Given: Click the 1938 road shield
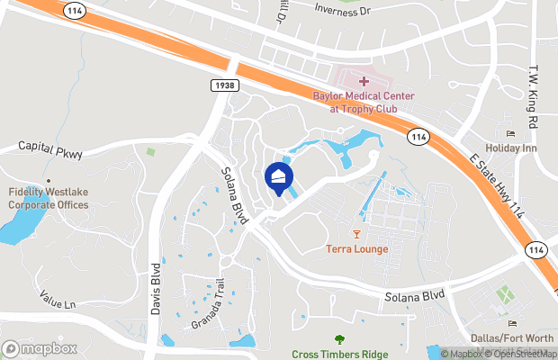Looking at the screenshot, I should pyautogui.click(x=225, y=85).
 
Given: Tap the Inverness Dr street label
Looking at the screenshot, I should pyautogui.click(x=344, y=9).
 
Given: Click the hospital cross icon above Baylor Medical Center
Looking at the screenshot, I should pyautogui.click(x=363, y=82).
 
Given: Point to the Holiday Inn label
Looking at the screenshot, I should pyautogui.click(x=510, y=148).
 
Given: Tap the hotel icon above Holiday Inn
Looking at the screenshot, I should pyautogui.click(x=510, y=134).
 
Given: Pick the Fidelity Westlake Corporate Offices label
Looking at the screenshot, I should pyautogui.click(x=49, y=199).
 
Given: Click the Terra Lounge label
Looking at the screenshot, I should pyautogui.click(x=357, y=249).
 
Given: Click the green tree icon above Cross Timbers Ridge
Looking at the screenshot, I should pyautogui.click(x=339, y=339).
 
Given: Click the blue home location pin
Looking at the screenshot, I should pyautogui.click(x=279, y=177).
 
